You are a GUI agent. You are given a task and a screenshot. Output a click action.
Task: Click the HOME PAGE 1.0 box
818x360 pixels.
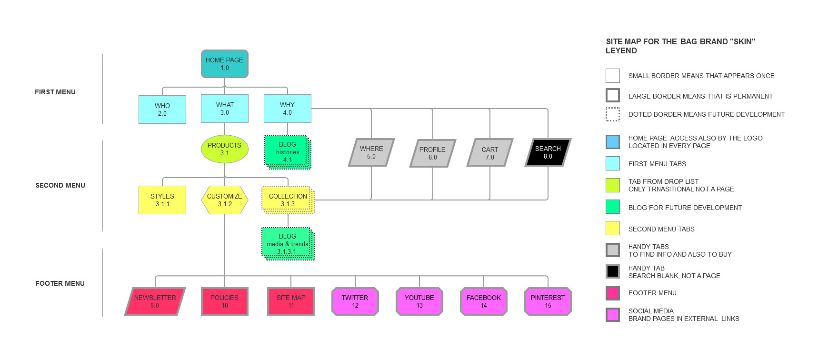224,64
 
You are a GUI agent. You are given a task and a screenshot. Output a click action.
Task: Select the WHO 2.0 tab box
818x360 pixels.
162,110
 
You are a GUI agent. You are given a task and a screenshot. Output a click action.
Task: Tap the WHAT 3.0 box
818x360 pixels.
224,109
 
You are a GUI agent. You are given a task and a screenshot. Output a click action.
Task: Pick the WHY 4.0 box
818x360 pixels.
287,109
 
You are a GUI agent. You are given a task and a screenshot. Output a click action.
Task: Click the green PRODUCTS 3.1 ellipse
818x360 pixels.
224,149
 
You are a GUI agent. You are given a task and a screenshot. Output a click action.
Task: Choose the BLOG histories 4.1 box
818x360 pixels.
287,152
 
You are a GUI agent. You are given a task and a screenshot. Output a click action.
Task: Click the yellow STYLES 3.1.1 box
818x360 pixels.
162,200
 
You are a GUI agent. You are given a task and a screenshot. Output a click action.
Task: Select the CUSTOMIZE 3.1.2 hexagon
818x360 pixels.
224,200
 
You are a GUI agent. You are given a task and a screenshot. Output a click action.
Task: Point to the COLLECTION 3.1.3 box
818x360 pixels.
288,200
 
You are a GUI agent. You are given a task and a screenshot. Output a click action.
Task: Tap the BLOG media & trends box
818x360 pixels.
287,244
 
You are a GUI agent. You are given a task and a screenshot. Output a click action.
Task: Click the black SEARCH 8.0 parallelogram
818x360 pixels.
548,152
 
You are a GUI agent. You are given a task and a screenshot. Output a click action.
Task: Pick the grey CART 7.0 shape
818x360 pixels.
489,153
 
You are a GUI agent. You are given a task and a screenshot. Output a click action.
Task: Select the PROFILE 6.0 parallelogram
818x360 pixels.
432,153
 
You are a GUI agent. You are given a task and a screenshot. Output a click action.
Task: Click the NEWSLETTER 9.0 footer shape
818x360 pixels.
155,301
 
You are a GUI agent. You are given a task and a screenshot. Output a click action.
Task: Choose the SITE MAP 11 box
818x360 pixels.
291,301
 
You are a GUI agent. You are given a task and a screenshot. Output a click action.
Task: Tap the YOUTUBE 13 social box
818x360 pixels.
419,301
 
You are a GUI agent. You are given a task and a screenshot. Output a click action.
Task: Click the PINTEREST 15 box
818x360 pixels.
548,301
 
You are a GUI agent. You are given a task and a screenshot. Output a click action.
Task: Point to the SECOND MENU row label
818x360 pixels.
60,185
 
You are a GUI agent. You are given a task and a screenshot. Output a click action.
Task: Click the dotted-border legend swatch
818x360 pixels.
612,114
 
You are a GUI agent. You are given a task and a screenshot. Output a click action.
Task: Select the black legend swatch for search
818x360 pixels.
612,271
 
